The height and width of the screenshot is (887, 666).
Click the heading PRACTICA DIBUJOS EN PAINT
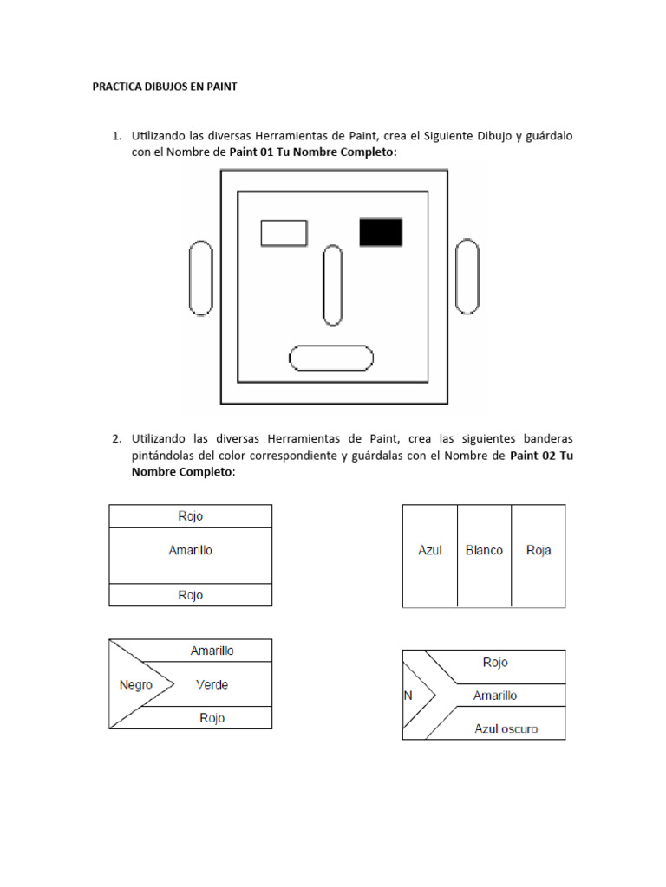[165, 87]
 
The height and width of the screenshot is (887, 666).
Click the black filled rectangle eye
[381, 232]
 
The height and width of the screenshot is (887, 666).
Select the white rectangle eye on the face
[284, 233]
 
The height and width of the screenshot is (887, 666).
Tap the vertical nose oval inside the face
[332, 285]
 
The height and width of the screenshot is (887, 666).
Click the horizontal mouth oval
[330, 358]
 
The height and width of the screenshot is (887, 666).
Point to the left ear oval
[200, 277]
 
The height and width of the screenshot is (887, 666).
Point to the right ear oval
[467, 276]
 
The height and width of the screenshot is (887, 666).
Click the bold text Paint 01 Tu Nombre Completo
[312, 152]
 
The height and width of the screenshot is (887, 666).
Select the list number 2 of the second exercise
[115, 438]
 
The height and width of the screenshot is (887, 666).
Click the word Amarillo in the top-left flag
[190, 550]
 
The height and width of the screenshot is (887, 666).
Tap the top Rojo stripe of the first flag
[190, 516]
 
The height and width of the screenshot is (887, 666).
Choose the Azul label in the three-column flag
[430, 550]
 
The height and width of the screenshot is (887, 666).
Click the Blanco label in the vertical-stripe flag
[484, 550]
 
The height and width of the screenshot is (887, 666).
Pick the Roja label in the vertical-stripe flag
[539, 550]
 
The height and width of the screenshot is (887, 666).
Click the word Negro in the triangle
[136, 684]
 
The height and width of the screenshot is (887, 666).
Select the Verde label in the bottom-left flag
[212, 684]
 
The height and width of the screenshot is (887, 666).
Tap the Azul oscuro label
[506, 728]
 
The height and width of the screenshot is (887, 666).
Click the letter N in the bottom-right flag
[408, 695]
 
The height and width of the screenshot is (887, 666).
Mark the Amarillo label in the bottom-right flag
[495, 695]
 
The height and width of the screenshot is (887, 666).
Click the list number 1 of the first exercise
[115, 136]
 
